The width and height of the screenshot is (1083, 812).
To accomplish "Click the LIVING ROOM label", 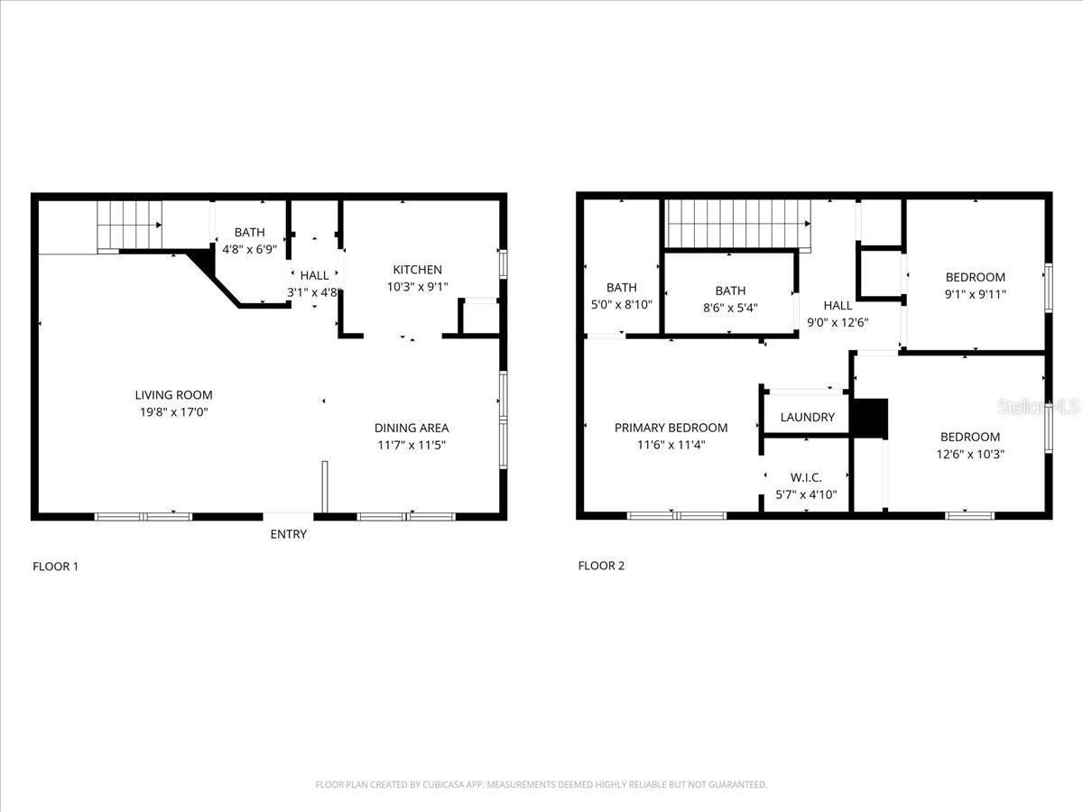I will tap(173, 394).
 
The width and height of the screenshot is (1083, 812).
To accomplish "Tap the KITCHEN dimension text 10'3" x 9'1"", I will tap(417, 287).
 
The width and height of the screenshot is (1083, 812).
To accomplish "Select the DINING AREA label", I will tap(412, 428).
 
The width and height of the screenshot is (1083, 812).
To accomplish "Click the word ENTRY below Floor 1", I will tap(288, 534).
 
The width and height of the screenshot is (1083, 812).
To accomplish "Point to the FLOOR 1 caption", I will tap(56, 567).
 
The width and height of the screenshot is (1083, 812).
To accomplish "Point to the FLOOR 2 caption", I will tap(601, 566).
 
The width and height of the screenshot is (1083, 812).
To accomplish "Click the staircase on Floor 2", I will tap(736, 223).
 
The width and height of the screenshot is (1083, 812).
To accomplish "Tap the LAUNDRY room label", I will tap(807, 417).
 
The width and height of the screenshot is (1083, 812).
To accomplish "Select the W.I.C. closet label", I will tap(805, 477).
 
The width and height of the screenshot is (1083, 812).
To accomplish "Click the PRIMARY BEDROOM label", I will tap(671, 428).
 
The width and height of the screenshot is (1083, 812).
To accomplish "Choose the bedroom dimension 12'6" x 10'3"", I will tap(970, 455).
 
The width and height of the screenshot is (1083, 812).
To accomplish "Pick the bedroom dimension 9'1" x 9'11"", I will tap(975, 294).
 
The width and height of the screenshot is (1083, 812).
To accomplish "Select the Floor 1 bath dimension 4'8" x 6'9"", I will tap(250, 249).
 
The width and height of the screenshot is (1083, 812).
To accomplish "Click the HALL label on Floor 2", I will tap(838, 306).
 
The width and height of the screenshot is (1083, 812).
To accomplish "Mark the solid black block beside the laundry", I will tap(870, 418).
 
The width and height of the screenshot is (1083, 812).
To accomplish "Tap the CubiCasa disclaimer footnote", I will tap(541, 784).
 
